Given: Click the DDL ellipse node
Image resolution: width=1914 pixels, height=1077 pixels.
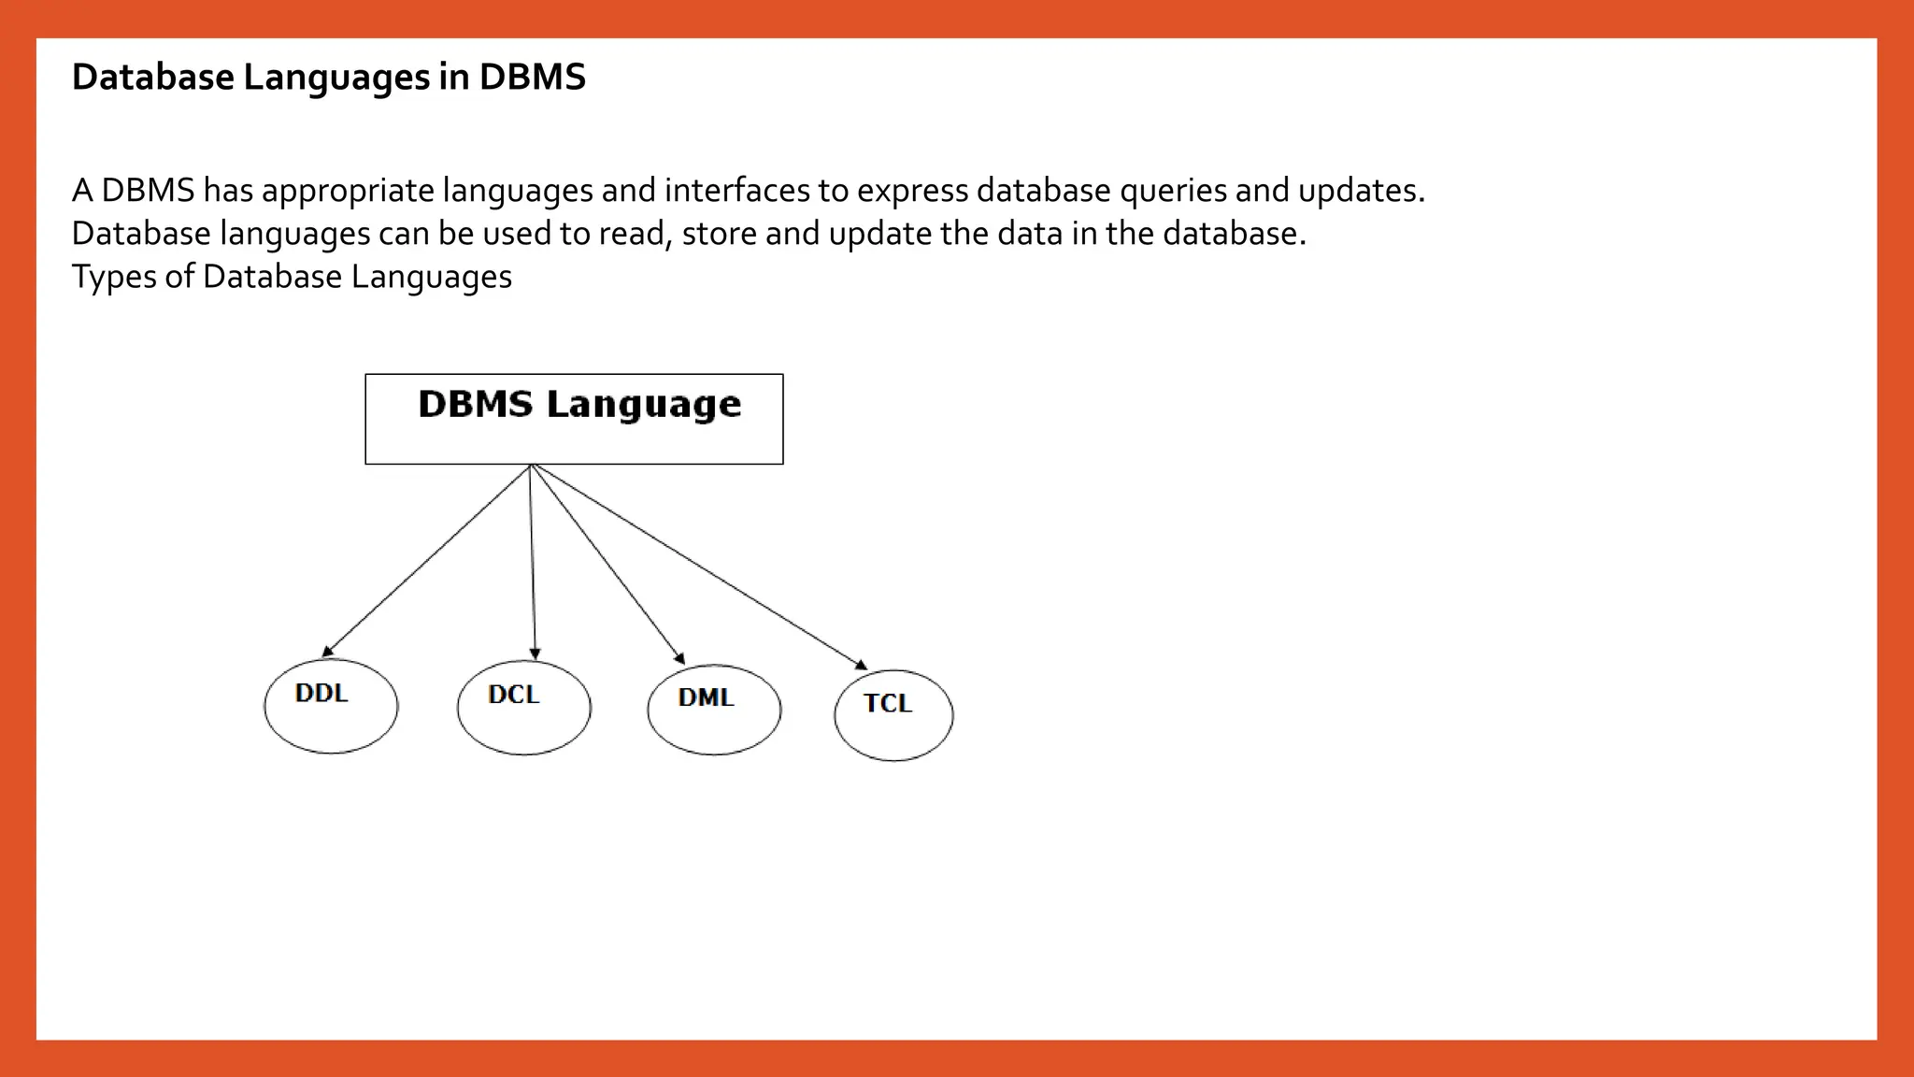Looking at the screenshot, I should (331, 706).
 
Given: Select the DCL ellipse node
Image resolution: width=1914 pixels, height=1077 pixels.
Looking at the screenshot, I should (523, 708).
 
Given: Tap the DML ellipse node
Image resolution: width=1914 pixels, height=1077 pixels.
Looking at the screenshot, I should (714, 710).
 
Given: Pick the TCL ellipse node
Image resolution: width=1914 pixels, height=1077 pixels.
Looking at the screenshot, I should (893, 715).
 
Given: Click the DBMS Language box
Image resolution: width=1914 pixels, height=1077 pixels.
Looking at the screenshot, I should (574, 419).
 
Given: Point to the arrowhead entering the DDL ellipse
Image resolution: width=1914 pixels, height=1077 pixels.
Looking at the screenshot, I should (327, 652).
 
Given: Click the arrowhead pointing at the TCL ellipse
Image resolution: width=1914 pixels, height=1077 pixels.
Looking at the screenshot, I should (862, 666).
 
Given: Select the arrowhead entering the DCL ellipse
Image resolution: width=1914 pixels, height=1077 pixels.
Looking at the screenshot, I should (535, 654).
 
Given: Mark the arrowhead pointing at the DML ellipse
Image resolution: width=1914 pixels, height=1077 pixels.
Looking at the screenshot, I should (680, 658).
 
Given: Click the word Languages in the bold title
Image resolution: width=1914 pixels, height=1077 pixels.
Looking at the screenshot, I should (337, 78).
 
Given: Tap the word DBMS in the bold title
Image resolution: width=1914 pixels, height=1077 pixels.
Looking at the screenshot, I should (532, 77).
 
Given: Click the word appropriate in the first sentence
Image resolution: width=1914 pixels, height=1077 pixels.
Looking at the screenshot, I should (348, 191).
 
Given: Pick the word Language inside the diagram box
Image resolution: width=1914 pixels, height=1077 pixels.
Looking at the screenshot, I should (644, 405).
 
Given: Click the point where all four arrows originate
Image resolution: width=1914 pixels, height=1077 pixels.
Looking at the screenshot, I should (530, 465).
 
